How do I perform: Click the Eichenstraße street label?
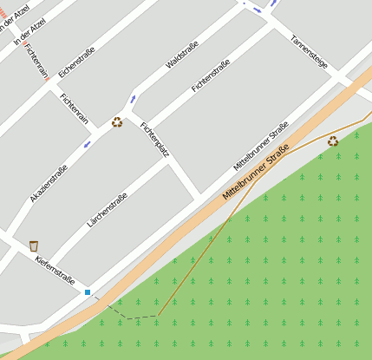(x=76, y=61)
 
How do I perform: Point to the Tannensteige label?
(x=309, y=53)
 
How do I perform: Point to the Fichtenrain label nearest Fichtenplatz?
(x=75, y=111)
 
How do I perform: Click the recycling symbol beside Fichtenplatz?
(x=117, y=122)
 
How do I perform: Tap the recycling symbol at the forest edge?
(x=333, y=141)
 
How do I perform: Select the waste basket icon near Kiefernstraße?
(x=33, y=245)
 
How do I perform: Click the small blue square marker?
(x=88, y=292)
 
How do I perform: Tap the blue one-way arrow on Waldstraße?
(x=133, y=97)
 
